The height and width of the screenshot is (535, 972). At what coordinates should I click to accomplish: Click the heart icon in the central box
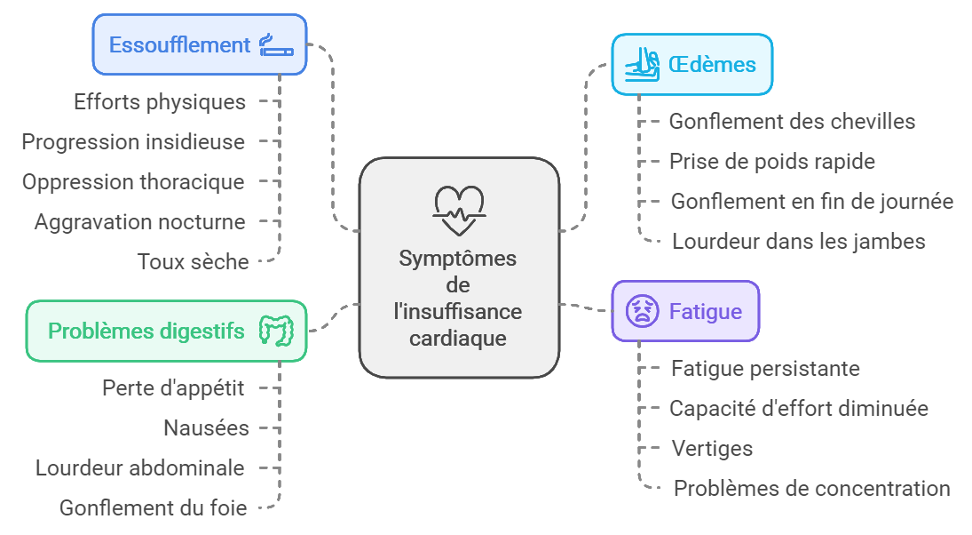click(458, 210)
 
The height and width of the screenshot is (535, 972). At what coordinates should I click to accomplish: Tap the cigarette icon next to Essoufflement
click(275, 44)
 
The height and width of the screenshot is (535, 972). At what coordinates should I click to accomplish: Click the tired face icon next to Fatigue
click(642, 311)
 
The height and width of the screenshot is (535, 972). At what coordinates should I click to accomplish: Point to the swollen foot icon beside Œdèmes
click(642, 65)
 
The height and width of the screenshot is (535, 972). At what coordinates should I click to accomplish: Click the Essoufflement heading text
click(179, 44)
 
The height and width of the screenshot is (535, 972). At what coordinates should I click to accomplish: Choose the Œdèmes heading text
click(712, 65)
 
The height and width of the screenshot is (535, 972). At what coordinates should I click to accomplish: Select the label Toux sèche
click(193, 261)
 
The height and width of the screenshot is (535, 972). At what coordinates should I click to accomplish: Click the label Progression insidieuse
click(133, 141)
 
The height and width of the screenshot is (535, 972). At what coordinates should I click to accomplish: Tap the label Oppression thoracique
click(133, 181)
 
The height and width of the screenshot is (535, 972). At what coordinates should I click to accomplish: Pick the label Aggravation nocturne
click(139, 221)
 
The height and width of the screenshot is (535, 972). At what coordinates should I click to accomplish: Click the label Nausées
click(206, 427)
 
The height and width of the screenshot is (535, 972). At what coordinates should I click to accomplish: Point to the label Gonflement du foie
click(154, 507)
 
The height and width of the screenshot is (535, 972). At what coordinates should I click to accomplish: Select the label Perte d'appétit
click(173, 387)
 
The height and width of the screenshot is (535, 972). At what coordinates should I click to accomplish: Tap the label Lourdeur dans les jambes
click(798, 241)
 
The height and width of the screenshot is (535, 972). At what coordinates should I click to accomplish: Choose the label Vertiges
click(712, 448)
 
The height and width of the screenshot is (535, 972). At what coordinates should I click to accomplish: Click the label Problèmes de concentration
click(811, 488)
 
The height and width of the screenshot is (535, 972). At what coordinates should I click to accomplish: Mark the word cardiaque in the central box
click(458, 338)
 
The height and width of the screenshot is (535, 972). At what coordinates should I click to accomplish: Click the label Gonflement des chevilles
click(792, 121)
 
